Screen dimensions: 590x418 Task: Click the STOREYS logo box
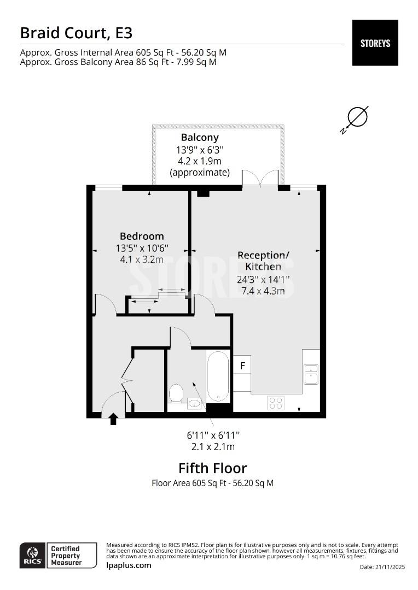coord(375,43)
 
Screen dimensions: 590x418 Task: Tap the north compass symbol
coord(357,116)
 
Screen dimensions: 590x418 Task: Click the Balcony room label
coord(200,138)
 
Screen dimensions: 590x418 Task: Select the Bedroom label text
coord(142,236)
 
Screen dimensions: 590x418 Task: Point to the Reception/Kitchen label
coord(263,261)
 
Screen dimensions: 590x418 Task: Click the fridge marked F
coord(242,365)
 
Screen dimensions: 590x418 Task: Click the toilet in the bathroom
coord(176,392)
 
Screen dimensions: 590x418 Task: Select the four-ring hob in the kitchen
coord(276,403)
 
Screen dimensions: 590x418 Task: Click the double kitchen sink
coord(311,374)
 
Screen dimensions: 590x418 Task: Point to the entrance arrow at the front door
coord(113,420)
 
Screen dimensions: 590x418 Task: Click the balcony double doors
coord(260,179)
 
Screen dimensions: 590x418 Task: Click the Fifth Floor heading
coord(213,468)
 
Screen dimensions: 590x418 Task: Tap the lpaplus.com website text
coord(129,565)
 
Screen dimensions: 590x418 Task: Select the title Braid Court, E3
coord(76,33)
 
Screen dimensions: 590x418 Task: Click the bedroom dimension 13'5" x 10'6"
coord(142,247)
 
